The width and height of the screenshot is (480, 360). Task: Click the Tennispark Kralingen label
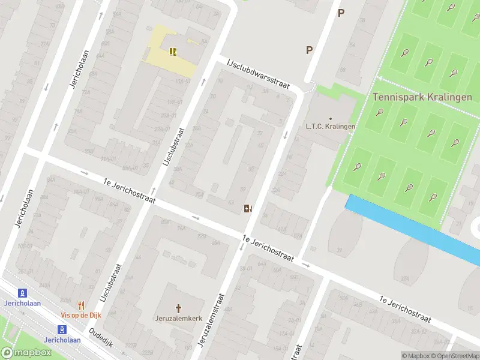pos(422,97)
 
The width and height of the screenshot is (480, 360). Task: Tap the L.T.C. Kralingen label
pos(331,126)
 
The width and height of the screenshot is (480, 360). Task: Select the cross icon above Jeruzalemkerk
pos(178,308)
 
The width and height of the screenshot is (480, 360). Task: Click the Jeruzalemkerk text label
pos(178,319)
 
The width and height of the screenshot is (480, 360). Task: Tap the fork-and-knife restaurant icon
pos(82,305)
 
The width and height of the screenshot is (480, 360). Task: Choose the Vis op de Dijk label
pos(82,315)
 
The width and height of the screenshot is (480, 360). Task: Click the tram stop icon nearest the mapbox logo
pos(61,329)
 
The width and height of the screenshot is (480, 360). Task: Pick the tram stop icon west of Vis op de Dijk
pos(23,293)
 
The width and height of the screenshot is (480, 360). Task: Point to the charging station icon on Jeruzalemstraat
pos(247,208)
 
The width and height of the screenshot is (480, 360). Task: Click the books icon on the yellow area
pos(173,52)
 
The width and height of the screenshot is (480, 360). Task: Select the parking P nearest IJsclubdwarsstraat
pos(309,50)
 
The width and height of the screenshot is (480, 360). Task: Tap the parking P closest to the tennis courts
pos(341,13)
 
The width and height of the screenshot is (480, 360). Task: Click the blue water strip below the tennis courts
pos(414,228)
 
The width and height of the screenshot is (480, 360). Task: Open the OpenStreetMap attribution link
pos(454,356)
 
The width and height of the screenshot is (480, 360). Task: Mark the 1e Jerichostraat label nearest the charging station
pos(268,248)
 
